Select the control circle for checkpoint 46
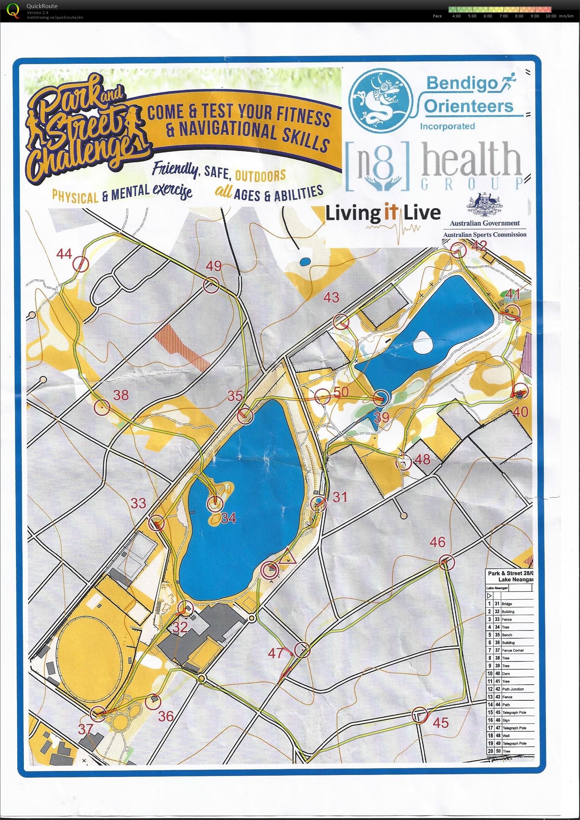click(x=447, y=562)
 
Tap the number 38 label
click(x=121, y=395)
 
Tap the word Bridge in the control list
click(x=506, y=604)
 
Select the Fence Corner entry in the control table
click(x=513, y=650)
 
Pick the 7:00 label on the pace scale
click(x=503, y=16)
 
